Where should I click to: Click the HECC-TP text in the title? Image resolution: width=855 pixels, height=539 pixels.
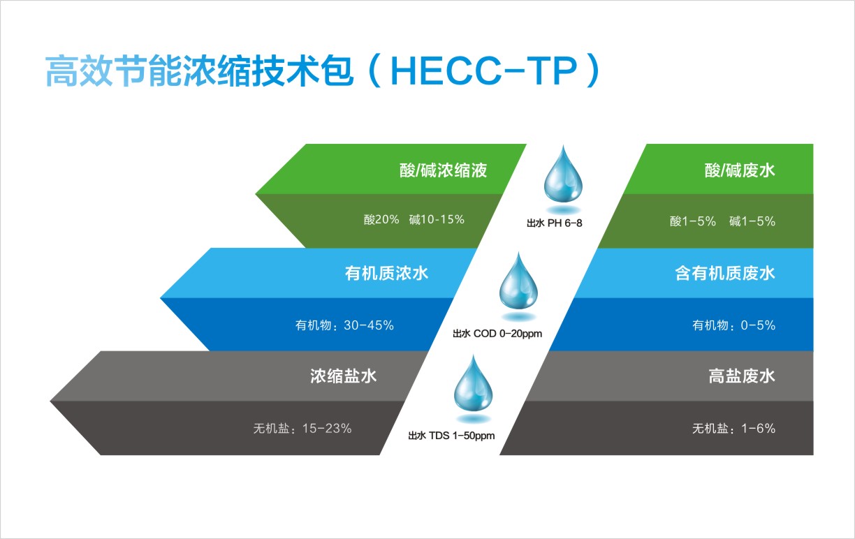pyautogui.click(x=484, y=71)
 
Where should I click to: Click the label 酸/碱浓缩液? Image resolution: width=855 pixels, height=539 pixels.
pyautogui.click(x=443, y=170)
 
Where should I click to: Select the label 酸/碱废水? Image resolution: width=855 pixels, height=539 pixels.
pyautogui.click(x=740, y=170)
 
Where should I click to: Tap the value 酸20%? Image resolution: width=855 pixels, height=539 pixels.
pyautogui.click(x=381, y=220)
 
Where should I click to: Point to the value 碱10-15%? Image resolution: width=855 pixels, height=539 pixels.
pyautogui.click(x=437, y=220)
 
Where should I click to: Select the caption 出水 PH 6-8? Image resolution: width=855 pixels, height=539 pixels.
pyautogui.click(x=554, y=223)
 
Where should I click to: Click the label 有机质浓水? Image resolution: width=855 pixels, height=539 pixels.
pyautogui.click(x=386, y=274)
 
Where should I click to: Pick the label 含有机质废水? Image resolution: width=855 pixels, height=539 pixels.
pyautogui.click(x=725, y=274)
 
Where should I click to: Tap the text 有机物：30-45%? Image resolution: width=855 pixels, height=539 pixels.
pyautogui.click(x=344, y=325)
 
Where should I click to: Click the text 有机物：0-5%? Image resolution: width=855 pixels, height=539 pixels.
pyautogui.click(x=733, y=325)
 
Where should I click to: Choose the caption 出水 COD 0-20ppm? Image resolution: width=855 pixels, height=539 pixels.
pyautogui.click(x=497, y=334)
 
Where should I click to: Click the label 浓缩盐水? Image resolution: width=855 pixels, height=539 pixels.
pyautogui.click(x=343, y=376)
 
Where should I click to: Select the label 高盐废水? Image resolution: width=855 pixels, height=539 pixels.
pyautogui.click(x=742, y=376)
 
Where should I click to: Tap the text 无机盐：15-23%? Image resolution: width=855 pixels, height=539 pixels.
pyautogui.click(x=302, y=429)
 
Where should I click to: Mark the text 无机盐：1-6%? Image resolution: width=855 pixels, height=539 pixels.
pyautogui.click(x=733, y=429)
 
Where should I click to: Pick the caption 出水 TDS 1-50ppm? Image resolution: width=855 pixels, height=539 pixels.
pyautogui.click(x=451, y=436)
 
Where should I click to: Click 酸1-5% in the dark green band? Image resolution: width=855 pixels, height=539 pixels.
pyautogui.click(x=693, y=221)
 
